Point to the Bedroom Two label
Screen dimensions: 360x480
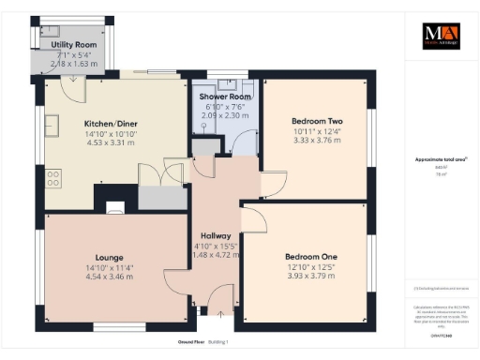[317, 121]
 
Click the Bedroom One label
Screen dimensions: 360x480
[310, 256]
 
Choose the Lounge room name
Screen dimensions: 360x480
[110, 256]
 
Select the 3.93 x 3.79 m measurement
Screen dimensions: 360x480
[310, 276]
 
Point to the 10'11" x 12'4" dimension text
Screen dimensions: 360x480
[317, 131]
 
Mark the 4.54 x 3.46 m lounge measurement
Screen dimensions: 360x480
[110, 276]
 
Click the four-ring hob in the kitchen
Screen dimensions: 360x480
[52, 177]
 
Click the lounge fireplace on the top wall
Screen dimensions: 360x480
[114, 208]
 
